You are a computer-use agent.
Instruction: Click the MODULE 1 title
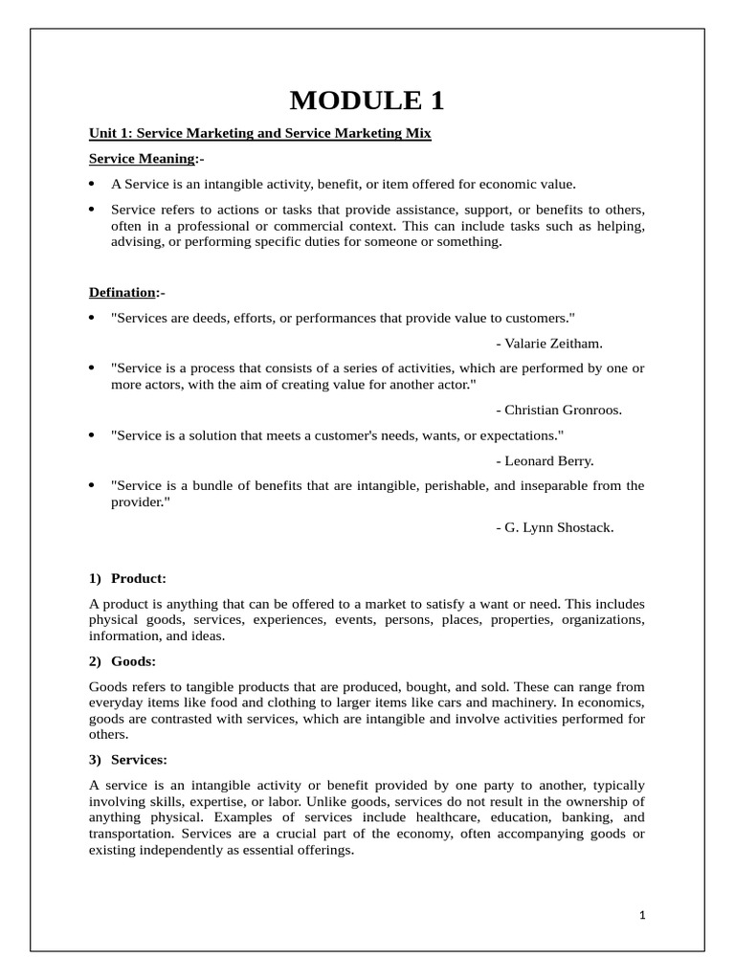367,100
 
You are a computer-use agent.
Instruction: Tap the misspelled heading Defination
122,292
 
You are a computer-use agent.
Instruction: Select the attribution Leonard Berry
546,460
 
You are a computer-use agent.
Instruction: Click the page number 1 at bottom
643,915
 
